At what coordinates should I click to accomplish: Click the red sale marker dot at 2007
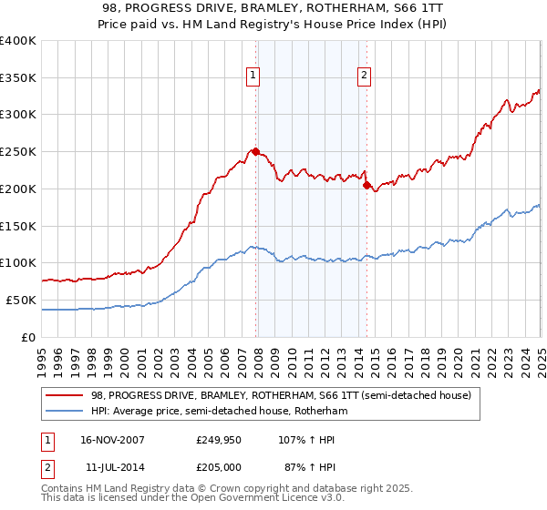coord(256,151)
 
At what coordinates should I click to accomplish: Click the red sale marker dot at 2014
coord(366,185)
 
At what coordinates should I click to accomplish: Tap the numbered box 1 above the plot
coord(253,76)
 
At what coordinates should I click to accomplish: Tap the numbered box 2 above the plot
coord(364,76)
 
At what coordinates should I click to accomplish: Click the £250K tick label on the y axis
coord(18,152)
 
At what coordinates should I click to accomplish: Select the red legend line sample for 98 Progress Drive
coord(65,396)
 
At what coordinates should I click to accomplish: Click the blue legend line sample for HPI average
coord(65,412)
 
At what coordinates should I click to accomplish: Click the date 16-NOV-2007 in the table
coord(112,439)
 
